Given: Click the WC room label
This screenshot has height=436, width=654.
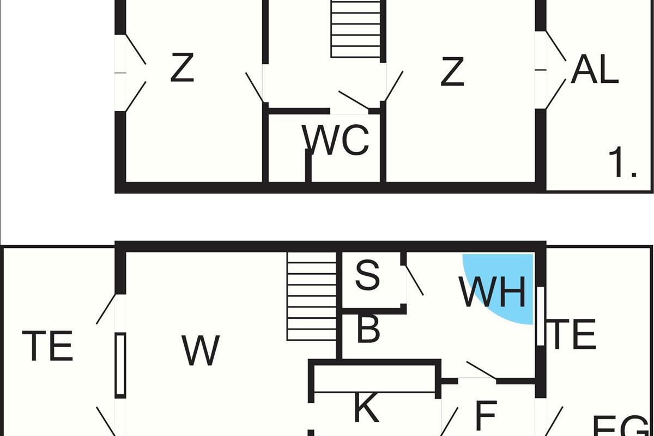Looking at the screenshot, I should coord(336,140).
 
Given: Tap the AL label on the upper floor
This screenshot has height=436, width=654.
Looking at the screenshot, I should coord(595,71).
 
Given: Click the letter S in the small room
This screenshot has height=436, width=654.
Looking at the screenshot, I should coord(367,275).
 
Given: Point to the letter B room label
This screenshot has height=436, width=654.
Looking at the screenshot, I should coord(368,329).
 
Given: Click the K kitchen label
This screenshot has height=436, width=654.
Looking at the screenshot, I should coord(366,409).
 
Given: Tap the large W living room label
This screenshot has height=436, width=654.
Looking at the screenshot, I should coord(201,350).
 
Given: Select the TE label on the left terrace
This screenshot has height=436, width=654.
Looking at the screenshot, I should coord(48,346).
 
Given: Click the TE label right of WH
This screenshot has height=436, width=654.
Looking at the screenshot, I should coord(573,335).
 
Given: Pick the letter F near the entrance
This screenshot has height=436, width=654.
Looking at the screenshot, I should coord(486,415).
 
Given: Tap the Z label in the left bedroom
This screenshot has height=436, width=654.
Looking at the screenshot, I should coord(182,68).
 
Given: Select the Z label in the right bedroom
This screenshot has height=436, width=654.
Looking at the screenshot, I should coord(452,72).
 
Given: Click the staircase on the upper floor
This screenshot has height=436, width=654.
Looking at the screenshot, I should coord(355,28).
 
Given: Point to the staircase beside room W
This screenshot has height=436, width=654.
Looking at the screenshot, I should coord(312,297).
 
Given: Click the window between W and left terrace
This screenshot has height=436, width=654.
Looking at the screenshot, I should coord(120,365).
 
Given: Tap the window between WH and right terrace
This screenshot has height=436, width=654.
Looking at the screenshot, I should coord(540,316).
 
